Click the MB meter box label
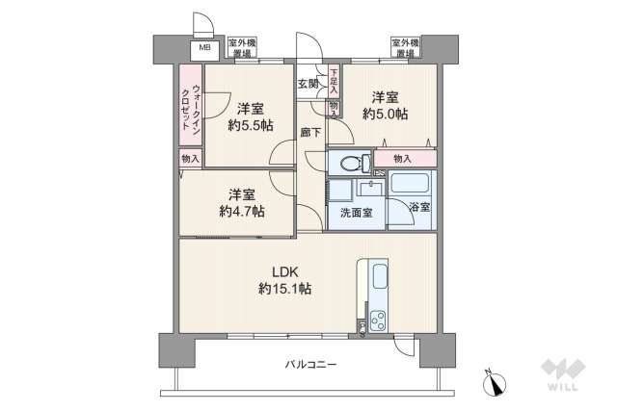pos(204,47)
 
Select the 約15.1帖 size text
pos(283,288)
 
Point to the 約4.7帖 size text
pos(241,212)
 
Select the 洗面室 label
pos(357,213)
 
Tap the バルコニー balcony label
pos(310,364)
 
